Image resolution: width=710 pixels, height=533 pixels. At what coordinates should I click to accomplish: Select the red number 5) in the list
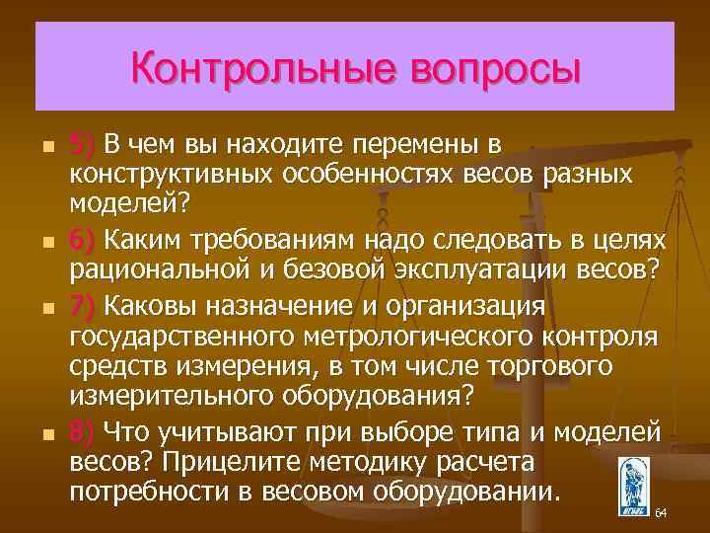pyautogui.click(x=82, y=145)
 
